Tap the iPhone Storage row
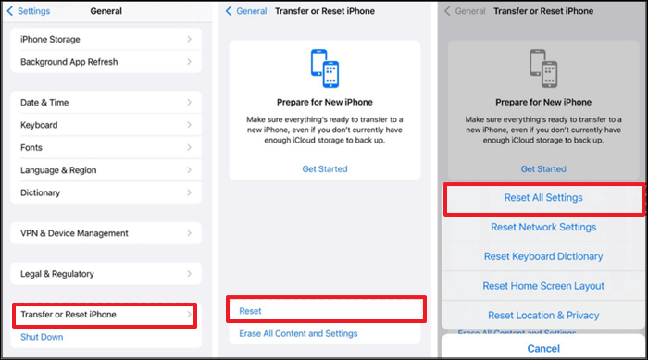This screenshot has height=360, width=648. click(x=106, y=39)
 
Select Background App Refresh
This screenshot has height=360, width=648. click(x=106, y=62)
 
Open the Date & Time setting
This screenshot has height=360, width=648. click(x=106, y=103)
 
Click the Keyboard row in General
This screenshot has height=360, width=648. click(x=106, y=125)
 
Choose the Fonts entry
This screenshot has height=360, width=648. click(x=106, y=147)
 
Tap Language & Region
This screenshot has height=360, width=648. click(x=106, y=170)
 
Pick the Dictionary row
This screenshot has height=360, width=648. click(x=106, y=192)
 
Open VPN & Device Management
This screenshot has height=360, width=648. click(x=106, y=233)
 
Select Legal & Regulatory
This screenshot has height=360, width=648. click(x=106, y=274)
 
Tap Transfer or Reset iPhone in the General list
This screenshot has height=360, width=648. click(x=105, y=315)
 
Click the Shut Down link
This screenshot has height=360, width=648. click(x=42, y=337)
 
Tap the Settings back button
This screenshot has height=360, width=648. click(x=29, y=11)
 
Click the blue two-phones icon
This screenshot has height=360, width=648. click(x=325, y=68)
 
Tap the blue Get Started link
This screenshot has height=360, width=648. click(x=325, y=169)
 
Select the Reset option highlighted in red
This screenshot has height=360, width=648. click(x=326, y=310)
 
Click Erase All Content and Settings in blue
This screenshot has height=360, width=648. click(x=298, y=333)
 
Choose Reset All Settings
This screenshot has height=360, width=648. click(x=543, y=198)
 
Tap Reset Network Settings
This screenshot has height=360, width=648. click(x=543, y=227)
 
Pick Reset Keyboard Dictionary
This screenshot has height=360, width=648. click(x=543, y=256)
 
